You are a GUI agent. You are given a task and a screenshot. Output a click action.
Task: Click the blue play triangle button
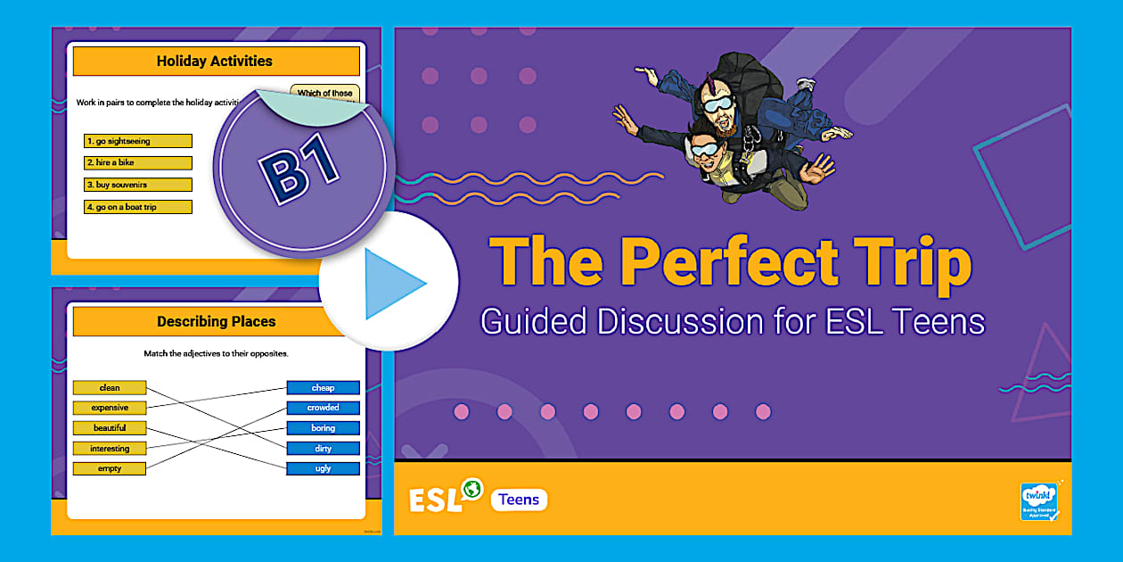click(x=393, y=283)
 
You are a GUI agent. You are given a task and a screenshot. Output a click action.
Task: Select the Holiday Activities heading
click(x=215, y=62)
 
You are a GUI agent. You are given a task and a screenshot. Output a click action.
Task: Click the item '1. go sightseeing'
click(x=138, y=141)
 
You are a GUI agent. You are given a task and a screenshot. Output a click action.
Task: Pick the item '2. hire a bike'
click(x=138, y=163)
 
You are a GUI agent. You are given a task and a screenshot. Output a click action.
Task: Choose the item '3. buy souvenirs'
click(x=138, y=185)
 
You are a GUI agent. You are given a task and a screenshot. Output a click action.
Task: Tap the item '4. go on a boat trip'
click(x=138, y=207)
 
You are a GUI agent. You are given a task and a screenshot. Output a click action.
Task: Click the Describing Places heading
click(x=217, y=321)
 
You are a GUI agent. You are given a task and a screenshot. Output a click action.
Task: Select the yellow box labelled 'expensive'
click(x=110, y=408)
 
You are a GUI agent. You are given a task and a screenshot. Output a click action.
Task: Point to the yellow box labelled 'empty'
click(x=110, y=468)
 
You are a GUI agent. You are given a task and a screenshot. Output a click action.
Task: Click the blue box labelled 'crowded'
click(x=323, y=408)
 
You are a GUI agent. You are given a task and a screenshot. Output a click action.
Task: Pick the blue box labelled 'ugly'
click(x=323, y=468)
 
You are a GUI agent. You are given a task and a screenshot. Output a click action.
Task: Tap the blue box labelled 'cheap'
click(x=323, y=388)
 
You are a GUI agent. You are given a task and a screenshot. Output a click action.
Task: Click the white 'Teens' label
click(x=519, y=500)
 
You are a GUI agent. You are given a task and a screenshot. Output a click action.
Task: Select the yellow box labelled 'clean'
click(x=110, y=388)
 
